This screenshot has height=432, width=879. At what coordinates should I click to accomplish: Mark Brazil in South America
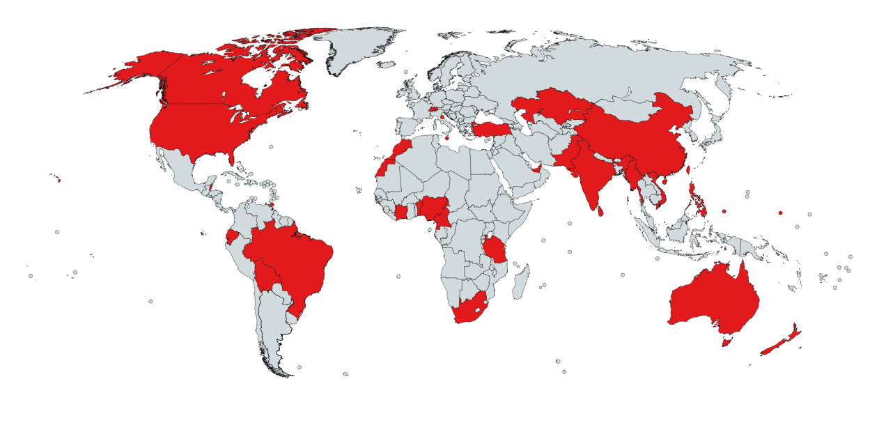293,258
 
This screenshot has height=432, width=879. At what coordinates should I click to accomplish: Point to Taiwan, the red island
688,169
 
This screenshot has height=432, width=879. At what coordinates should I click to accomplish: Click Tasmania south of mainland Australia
727,341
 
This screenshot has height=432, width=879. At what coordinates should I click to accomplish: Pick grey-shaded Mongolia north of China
627,105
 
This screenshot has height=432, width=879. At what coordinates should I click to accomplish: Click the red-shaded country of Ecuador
231,238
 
